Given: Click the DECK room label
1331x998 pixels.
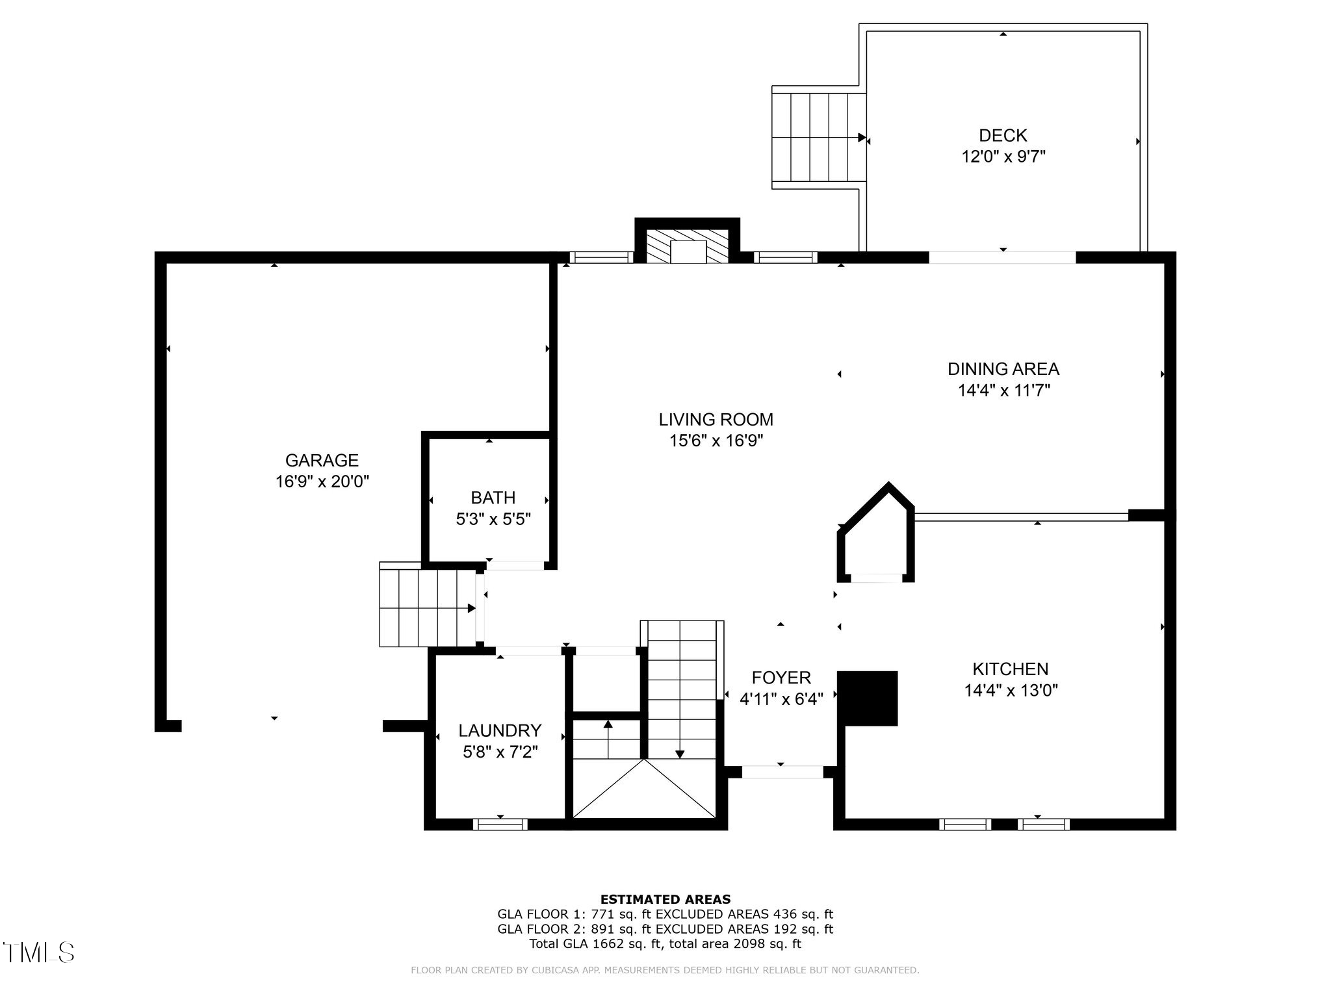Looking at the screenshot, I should (x=1003, y=135).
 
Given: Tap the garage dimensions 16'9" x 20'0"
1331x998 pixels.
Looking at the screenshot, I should (x=322, y=481).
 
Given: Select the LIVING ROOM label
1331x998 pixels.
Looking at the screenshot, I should (x=716, y=419).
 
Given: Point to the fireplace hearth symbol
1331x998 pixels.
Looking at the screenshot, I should (x=688, y=246).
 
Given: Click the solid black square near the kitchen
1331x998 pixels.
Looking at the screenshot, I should (x=868, y=698).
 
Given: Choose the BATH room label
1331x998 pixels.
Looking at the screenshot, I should (x=493, y=498).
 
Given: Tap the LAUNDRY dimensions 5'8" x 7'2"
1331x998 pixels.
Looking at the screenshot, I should (x=500, y=752).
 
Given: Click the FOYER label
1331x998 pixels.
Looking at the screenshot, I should (x=781, y=678).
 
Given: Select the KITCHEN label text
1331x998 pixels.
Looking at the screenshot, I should (x=1010, y=669).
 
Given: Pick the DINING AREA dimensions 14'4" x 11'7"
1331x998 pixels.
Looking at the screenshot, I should (x=1003, y=390).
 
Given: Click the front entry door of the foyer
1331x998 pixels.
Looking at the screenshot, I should (x=782, y=772).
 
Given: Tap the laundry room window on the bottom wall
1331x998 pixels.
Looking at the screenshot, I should (x=500, y=825).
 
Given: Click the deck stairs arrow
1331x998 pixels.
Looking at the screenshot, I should (x=861, y=138).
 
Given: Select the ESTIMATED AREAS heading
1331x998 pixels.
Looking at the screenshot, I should (x=665, y=899).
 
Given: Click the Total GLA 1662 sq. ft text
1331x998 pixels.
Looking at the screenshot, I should (x=665, y=944).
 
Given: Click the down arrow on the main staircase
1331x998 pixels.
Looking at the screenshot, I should (x=680, y=754).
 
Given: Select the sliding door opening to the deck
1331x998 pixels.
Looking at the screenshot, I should (x=1002, y=258).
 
